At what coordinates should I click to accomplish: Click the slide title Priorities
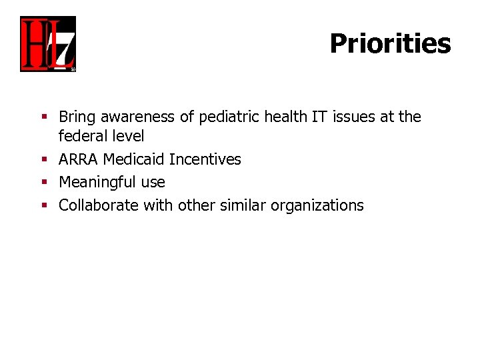click(390, 44)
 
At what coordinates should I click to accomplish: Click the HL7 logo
click(48, 44)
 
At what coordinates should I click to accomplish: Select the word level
click(129, 137)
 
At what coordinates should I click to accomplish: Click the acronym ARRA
click(78, 160)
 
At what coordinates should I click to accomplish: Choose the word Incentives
click(205, 160)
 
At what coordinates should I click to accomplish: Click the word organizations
click(317, 205)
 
